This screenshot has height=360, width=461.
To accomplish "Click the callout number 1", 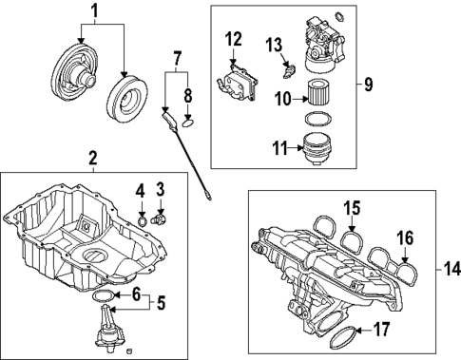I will point(94,11).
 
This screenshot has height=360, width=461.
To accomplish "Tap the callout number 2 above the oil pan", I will point(93,157).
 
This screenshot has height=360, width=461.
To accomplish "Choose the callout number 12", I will point(234,39).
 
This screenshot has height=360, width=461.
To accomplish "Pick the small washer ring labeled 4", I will point(142,221).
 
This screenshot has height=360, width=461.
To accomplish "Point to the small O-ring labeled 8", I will point(187,122).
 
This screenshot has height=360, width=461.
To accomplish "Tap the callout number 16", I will point(404,237).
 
